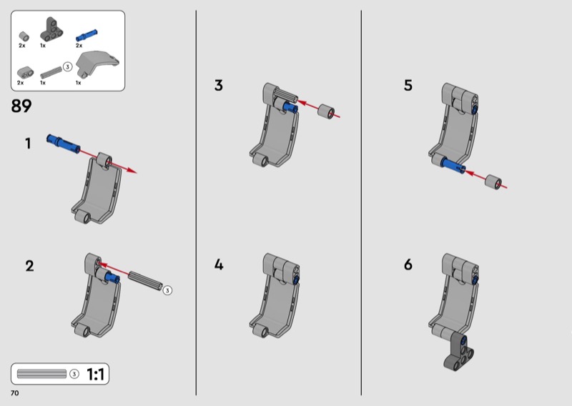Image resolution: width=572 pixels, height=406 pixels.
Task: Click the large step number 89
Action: point(21,107)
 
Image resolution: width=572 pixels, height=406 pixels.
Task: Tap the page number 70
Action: point(14,393)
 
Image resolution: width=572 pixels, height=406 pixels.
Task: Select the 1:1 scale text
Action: point(95,375)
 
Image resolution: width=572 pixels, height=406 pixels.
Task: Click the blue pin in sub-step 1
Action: point(64,144)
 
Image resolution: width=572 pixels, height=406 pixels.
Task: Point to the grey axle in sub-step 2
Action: point(145,280)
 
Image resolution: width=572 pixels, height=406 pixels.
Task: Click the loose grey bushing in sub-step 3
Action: point(326,112)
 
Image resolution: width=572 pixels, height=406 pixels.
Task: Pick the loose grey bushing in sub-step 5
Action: point(493,182)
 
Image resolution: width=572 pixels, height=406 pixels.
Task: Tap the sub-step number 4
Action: point(219,264)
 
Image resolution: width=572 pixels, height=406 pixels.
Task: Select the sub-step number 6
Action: point(408,264)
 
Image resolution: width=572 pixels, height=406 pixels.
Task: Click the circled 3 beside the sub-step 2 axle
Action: point(167,290)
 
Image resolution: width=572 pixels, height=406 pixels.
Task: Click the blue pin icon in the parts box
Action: point(87,35)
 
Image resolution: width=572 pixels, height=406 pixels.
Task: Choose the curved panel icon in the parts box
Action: point(97,63)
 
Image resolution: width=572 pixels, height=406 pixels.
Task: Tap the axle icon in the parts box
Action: point(51,72)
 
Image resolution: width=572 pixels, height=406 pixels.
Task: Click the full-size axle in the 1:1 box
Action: point(42,374)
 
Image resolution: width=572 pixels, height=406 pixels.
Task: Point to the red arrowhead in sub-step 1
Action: point(132,170)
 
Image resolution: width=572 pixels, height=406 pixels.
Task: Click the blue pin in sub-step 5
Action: point(453,165)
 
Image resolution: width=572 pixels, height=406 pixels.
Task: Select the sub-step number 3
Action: point(219,85)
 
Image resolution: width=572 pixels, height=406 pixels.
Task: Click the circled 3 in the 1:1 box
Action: point(74,374)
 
